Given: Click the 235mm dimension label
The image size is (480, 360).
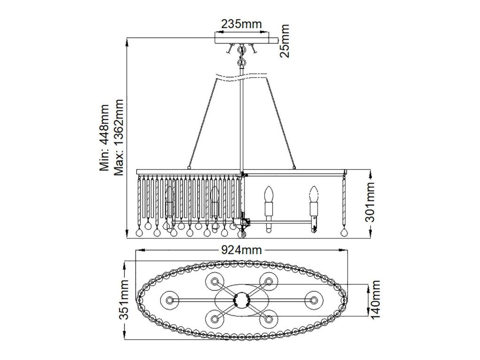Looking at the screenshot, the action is click(x=241, y=24).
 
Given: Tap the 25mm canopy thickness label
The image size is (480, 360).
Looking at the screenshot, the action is click(x=285, y=41).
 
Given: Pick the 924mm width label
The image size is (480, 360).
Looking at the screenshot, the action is click(x=241, y=250).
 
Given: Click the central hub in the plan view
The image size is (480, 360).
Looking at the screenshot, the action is click(x=241, y=299).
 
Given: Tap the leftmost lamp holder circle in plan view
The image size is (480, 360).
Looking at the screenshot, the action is click(x=169, y=299).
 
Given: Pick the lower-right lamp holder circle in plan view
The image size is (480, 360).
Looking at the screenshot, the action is click(x=269, y=318).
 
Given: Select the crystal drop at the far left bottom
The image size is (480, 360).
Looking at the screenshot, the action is click(x=139, y=232).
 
